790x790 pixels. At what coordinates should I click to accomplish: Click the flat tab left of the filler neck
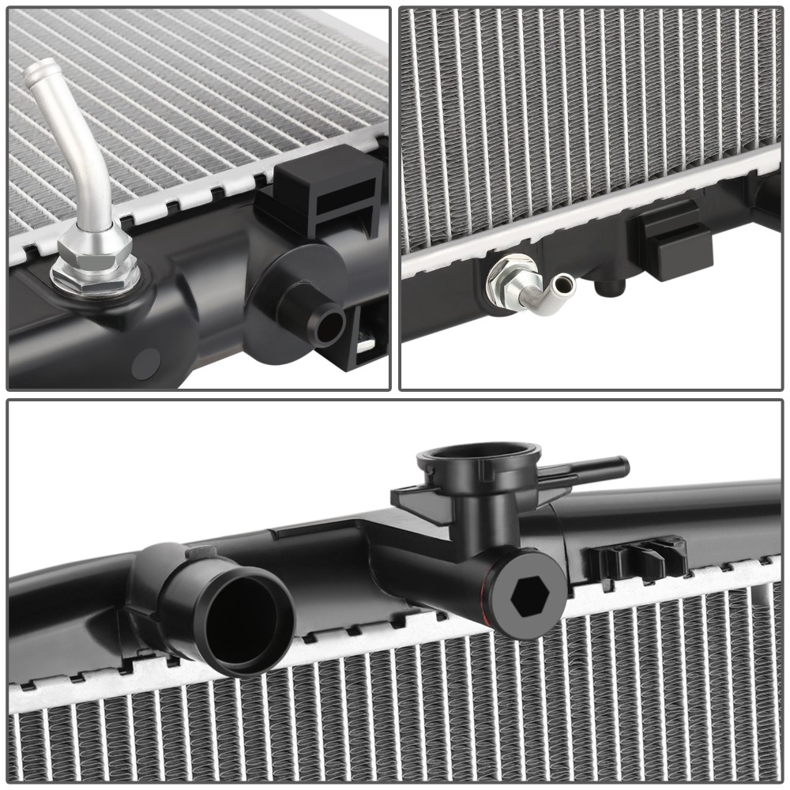pos(411,498)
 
